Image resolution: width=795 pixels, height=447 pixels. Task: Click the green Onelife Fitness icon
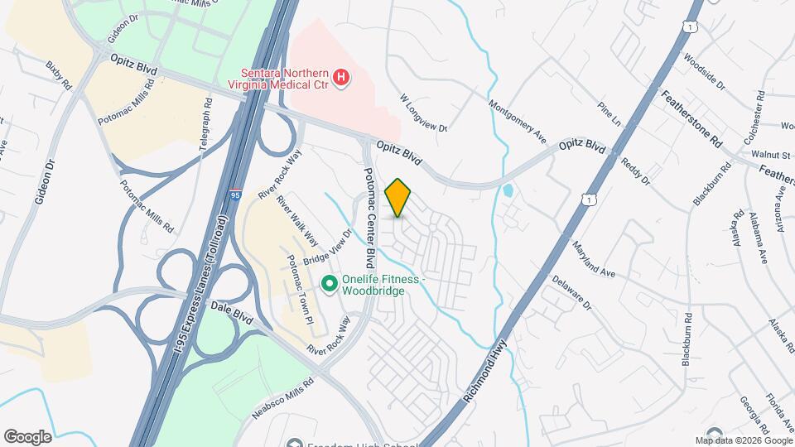tap(329, 284)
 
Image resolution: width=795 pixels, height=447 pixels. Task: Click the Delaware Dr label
tap(572, 294)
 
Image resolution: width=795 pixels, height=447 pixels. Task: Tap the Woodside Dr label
tap(703, 72)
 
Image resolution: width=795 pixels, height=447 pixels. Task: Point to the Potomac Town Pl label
tap(297, 289)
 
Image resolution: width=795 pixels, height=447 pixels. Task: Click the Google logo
tap(27, 436)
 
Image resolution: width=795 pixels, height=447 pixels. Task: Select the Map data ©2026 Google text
tap(743, 440)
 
